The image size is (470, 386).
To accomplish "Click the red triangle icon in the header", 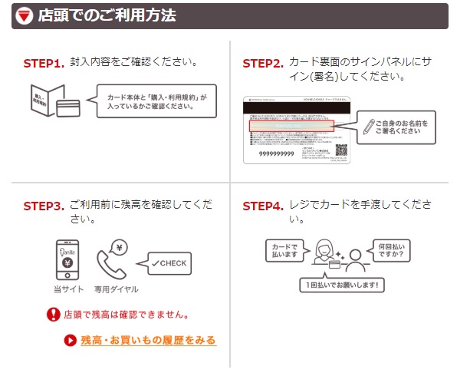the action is tap(25, 16).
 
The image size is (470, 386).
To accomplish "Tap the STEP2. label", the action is tap(263, 64).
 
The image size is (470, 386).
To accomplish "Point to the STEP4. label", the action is tap(263, 206).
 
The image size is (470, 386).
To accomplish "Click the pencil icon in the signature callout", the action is tap(369, 125).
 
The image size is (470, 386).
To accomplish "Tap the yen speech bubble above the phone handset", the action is tap(120, 247).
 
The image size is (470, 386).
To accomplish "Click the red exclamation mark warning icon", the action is tap(53, 314).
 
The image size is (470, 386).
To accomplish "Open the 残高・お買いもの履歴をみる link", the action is tap(149, 340).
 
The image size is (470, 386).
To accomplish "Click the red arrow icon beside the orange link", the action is tap(71, 340).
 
